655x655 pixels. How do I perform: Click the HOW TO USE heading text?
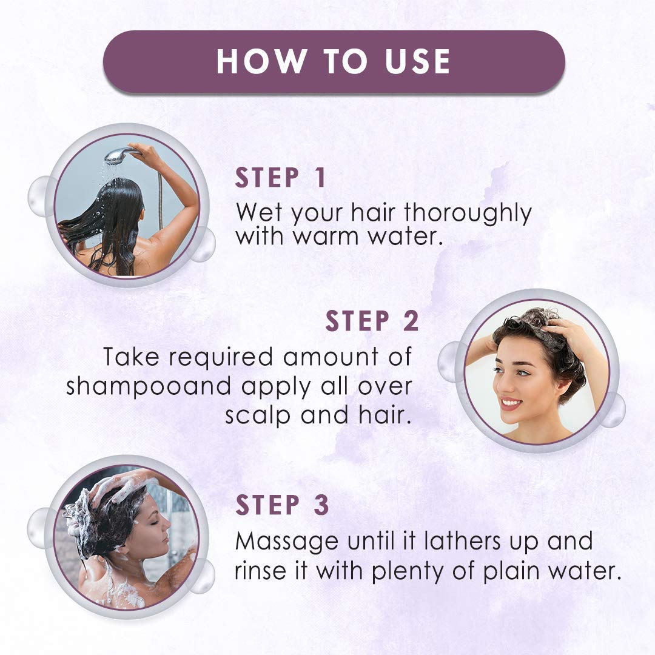click(334, 62)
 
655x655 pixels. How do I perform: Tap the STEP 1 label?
click(281, 178)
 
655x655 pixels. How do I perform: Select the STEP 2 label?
click(372, 321)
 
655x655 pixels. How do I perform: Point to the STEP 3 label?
click(282, 505)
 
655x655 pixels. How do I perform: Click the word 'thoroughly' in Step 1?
click(468, 214)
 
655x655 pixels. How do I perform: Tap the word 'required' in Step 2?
click(221, 358)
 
